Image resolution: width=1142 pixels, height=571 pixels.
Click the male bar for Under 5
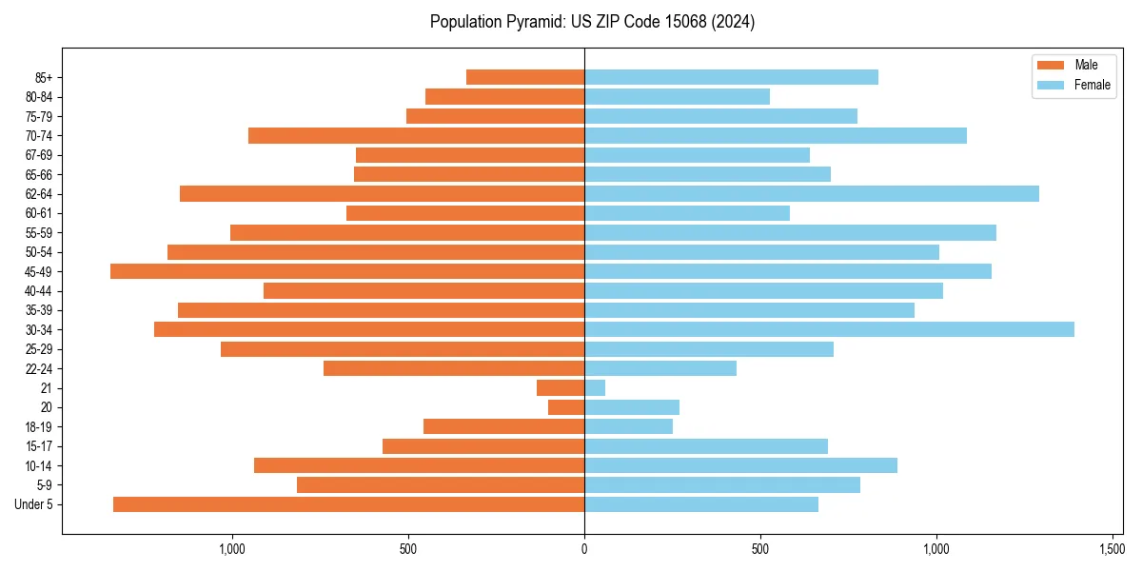(348, 504)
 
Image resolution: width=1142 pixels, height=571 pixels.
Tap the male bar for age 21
(561, 387)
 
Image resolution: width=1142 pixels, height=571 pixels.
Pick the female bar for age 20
(632, 407)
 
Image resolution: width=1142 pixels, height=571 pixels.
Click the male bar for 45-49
(347, 271)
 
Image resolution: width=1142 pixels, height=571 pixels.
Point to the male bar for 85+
(525, 77)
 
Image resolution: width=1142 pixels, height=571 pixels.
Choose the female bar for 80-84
(677, 96)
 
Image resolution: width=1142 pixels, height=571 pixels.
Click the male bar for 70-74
(416, 135)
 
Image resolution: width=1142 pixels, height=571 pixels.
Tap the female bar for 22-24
(660, 368)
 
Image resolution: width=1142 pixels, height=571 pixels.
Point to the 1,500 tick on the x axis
(1112, 549)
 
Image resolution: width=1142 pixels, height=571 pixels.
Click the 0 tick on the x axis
(584, 549)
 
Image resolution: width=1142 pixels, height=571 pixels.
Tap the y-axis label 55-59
(39, 232)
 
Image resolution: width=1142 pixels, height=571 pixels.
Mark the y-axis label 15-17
(39, 446)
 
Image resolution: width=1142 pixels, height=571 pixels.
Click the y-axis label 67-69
(39, 155)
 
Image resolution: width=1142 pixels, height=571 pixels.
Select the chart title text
(592, 22)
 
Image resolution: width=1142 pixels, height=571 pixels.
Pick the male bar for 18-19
(503, 426)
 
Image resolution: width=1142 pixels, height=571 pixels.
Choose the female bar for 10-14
(740, 465)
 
